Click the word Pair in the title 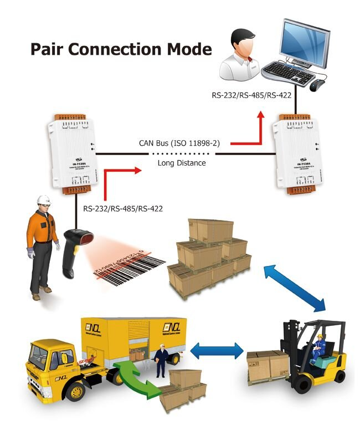(49, 49)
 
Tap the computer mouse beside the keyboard (317, 85)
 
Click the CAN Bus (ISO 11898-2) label (179, 144)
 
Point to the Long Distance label (182, 163)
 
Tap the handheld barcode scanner (72, 244)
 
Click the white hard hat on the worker (44, 199)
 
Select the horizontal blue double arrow (217, 350)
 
